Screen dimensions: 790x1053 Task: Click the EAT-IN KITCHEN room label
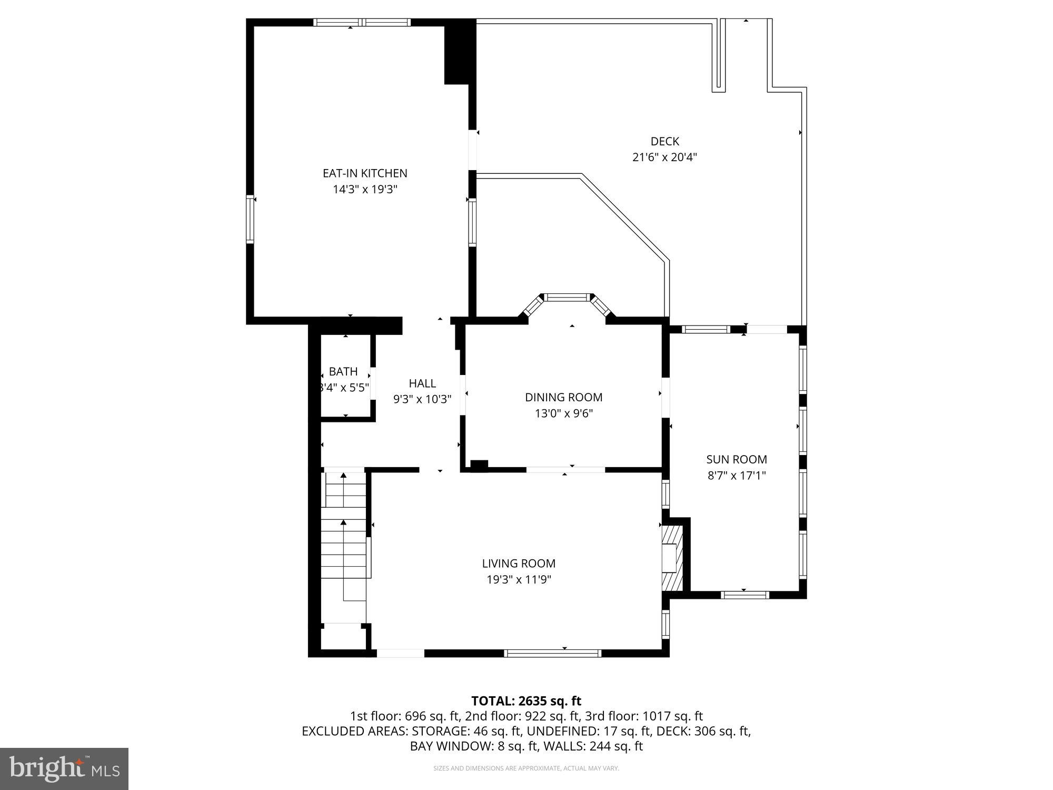click(x=365, y=173)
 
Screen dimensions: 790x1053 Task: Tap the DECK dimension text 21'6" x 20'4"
click(x=664, y=157)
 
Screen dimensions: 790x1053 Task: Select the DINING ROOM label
click(x=563, y=397)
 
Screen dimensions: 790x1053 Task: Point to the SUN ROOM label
click(x=736, y=459)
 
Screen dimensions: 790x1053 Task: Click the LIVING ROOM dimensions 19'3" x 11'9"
click(x=519, y=580)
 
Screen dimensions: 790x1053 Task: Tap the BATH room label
click(x=343, y=372)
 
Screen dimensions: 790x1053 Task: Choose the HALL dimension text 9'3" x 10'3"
click(x=422, y=399)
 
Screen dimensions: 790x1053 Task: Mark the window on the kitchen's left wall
click(x=251, y=219)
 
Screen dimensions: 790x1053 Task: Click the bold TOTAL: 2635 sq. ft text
click(x=526, y=701)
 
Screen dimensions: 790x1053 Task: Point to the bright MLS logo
click(x=64, y=769)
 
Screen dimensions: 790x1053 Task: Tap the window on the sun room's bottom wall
click(x=744, y=595)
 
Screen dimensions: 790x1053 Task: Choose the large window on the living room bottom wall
click(x=552, y=653)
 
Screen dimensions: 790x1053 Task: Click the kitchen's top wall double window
click(x=362, y=23)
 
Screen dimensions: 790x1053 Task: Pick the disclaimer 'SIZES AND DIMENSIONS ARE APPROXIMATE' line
click(x=526, y=768)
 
